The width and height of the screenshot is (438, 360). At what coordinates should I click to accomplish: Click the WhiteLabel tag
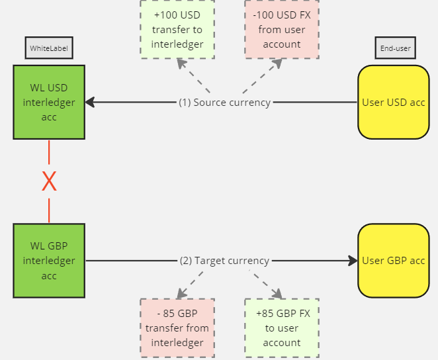49,48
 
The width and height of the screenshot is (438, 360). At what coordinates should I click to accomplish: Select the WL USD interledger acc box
49,102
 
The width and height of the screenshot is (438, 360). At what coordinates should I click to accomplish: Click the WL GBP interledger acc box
49,261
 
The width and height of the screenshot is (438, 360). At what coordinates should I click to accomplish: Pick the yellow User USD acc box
393,102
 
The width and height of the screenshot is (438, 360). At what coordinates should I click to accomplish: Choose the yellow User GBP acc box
393,261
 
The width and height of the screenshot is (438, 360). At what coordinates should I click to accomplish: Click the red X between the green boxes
49,181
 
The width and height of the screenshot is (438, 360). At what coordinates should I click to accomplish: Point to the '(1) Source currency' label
224,103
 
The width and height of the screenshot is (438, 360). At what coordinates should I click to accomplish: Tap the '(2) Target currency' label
224,261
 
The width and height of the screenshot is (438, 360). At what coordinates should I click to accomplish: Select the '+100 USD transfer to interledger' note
177,29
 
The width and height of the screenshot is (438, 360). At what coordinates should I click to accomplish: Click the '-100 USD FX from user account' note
282,29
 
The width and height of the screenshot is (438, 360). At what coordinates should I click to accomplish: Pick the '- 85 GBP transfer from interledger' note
177,328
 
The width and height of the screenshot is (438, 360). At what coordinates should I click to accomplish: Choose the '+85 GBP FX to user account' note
282,328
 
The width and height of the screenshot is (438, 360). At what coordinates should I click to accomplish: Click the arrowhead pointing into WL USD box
90,102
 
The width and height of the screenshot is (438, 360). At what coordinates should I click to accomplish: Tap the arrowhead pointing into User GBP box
353,261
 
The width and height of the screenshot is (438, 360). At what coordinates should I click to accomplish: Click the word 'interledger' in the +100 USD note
177,44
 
